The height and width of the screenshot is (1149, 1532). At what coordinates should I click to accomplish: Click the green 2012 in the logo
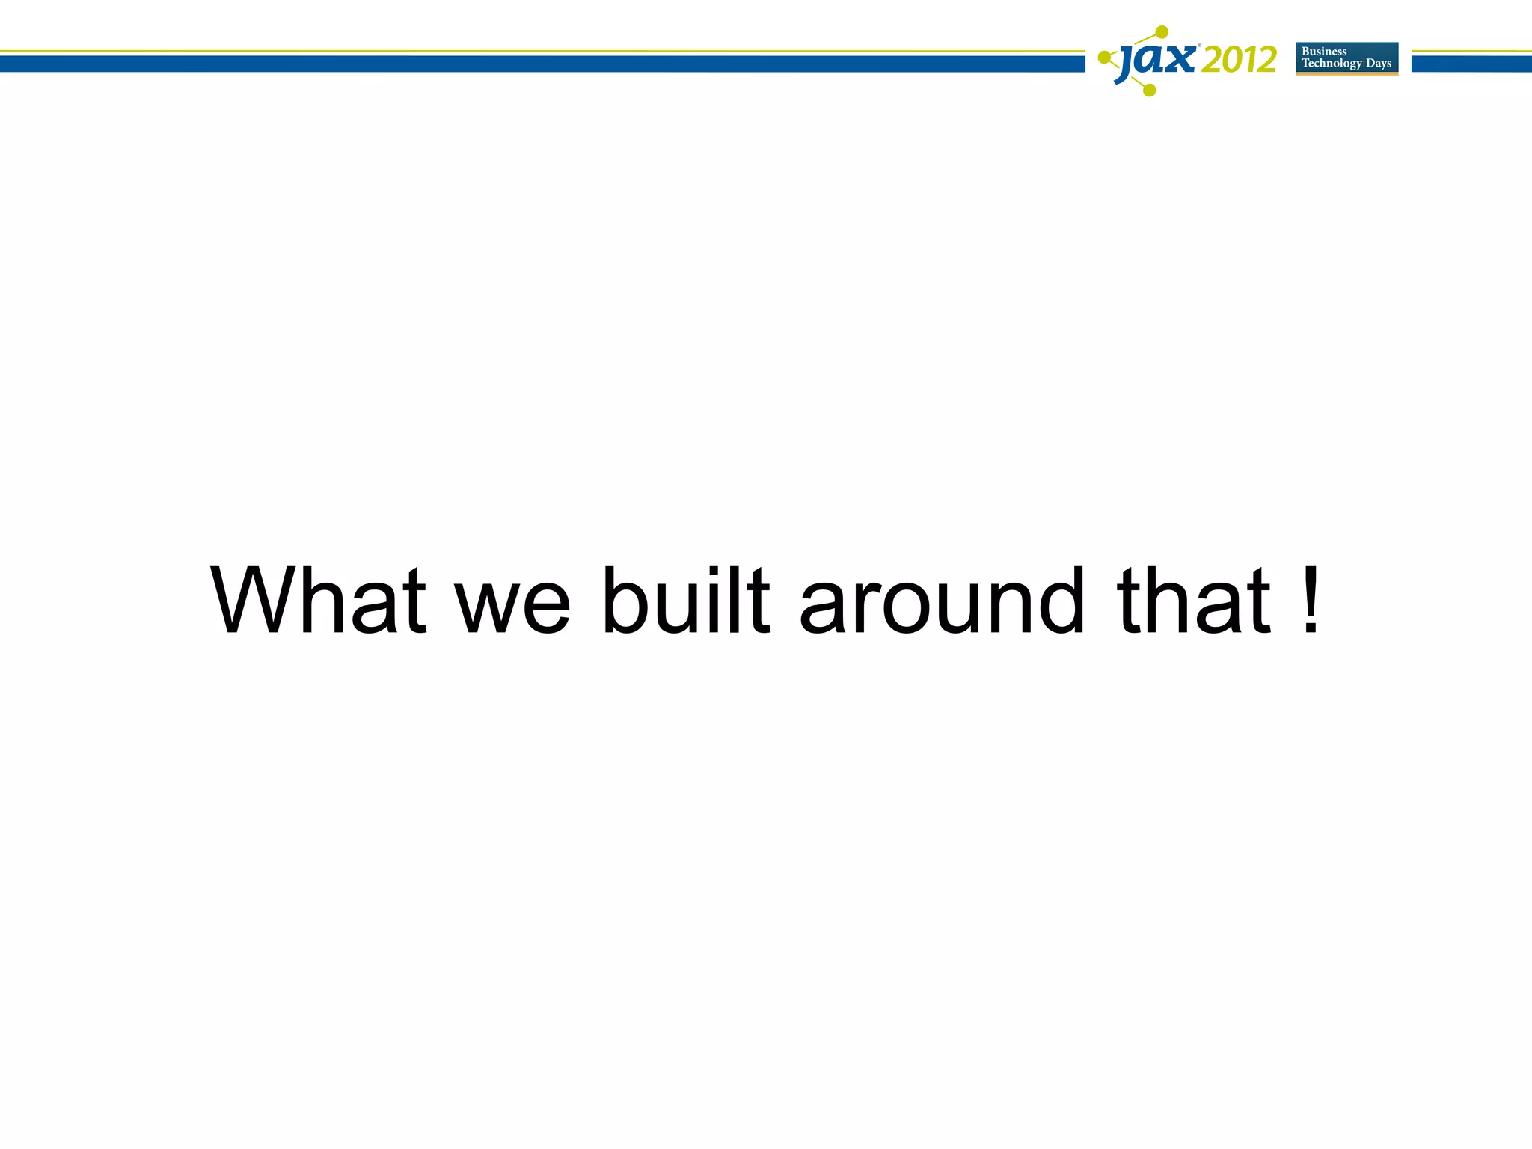[x=1239, y=60]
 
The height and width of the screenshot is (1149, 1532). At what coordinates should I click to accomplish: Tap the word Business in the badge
[x=1324, y=52]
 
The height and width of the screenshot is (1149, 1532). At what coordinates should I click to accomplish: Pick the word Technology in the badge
[x=1332, y=64]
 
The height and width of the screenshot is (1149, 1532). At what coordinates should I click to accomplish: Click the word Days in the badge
[x=1379, y=64]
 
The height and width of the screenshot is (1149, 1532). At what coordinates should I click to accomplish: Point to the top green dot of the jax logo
[x=1162, y=32]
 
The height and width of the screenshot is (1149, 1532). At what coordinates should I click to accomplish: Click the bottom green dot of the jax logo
[x=1150, y=91]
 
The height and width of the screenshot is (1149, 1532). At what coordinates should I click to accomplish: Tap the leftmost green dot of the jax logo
[x=1103, y=57]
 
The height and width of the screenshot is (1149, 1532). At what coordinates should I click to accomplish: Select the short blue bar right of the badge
[x=1471, y=64]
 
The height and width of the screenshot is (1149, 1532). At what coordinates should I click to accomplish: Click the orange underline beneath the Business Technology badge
[x=1346, y=74]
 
